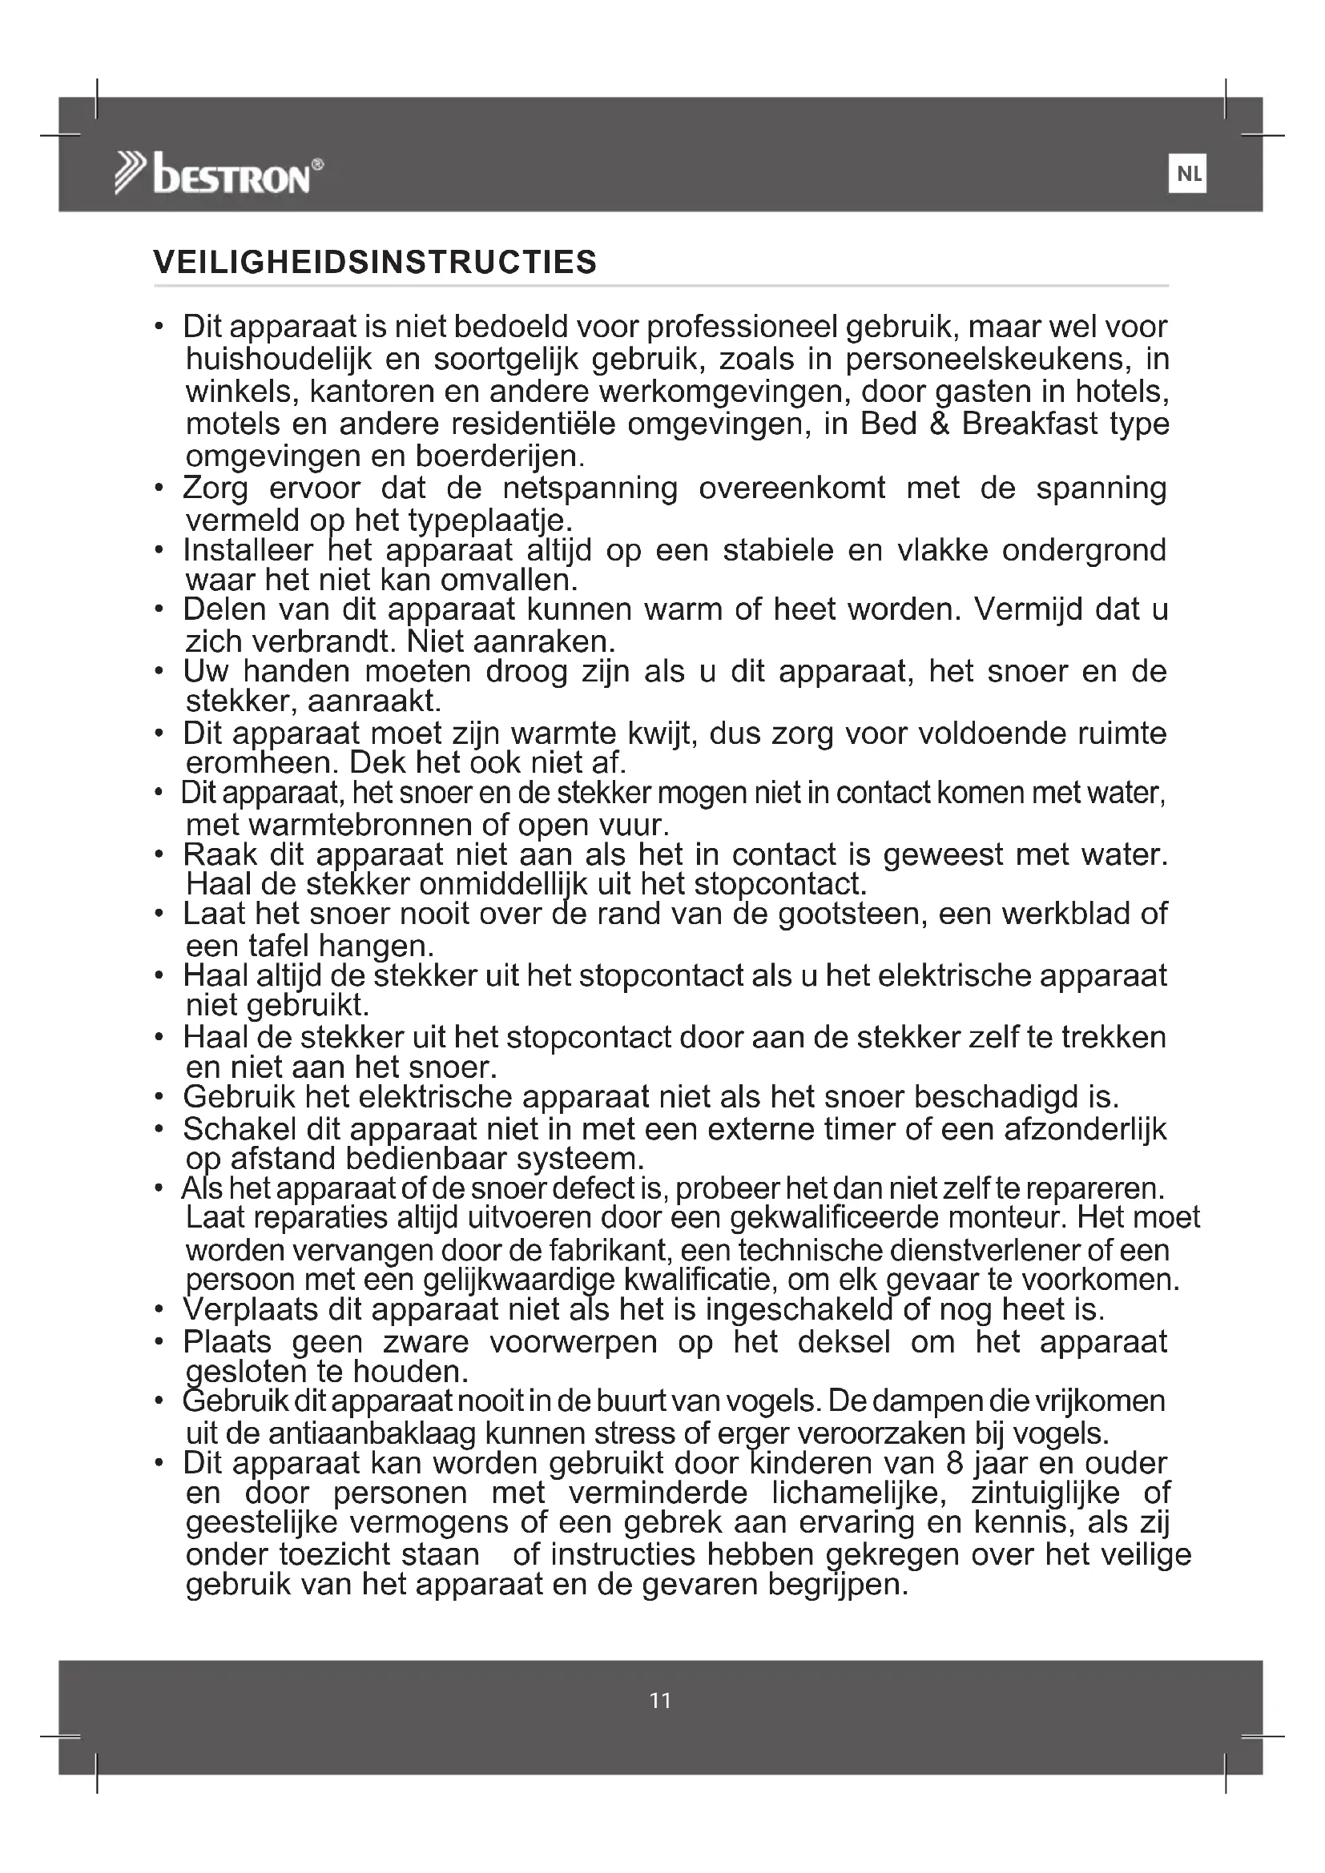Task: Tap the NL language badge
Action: click(x=1187, y=174)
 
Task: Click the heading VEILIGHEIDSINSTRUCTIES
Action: click(x=375, y=263)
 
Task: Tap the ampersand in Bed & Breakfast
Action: click(x=939, y=424)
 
